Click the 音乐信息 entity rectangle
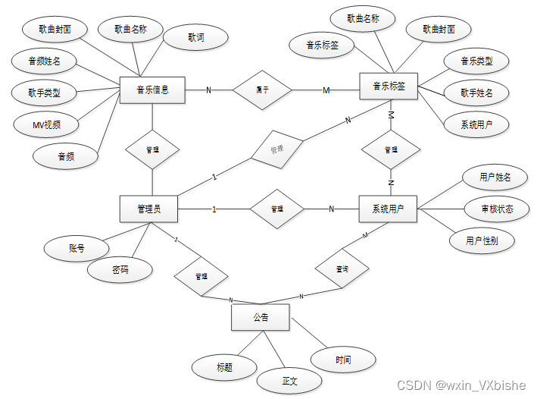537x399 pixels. [152, 90]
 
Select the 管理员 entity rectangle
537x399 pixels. [149, 209]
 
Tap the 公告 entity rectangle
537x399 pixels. [261, 317]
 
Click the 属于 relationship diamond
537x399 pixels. [262, 90]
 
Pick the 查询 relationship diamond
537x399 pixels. [342, 269]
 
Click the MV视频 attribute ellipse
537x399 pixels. [47, 124]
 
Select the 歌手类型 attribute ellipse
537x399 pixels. [45, 93]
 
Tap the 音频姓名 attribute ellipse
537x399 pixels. [44, 61]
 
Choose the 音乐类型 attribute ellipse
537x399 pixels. [477, 61]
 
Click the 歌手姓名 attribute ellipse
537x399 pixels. [476, 93]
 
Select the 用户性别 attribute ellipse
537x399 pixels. [482, 240]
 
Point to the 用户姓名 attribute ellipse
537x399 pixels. [495, 178]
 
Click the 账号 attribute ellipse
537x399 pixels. [76, 248]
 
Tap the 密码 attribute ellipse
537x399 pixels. [120, 269]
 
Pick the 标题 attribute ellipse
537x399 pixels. [224, 368]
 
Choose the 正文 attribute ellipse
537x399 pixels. [290, 379]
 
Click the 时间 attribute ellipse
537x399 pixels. [343, 359]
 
